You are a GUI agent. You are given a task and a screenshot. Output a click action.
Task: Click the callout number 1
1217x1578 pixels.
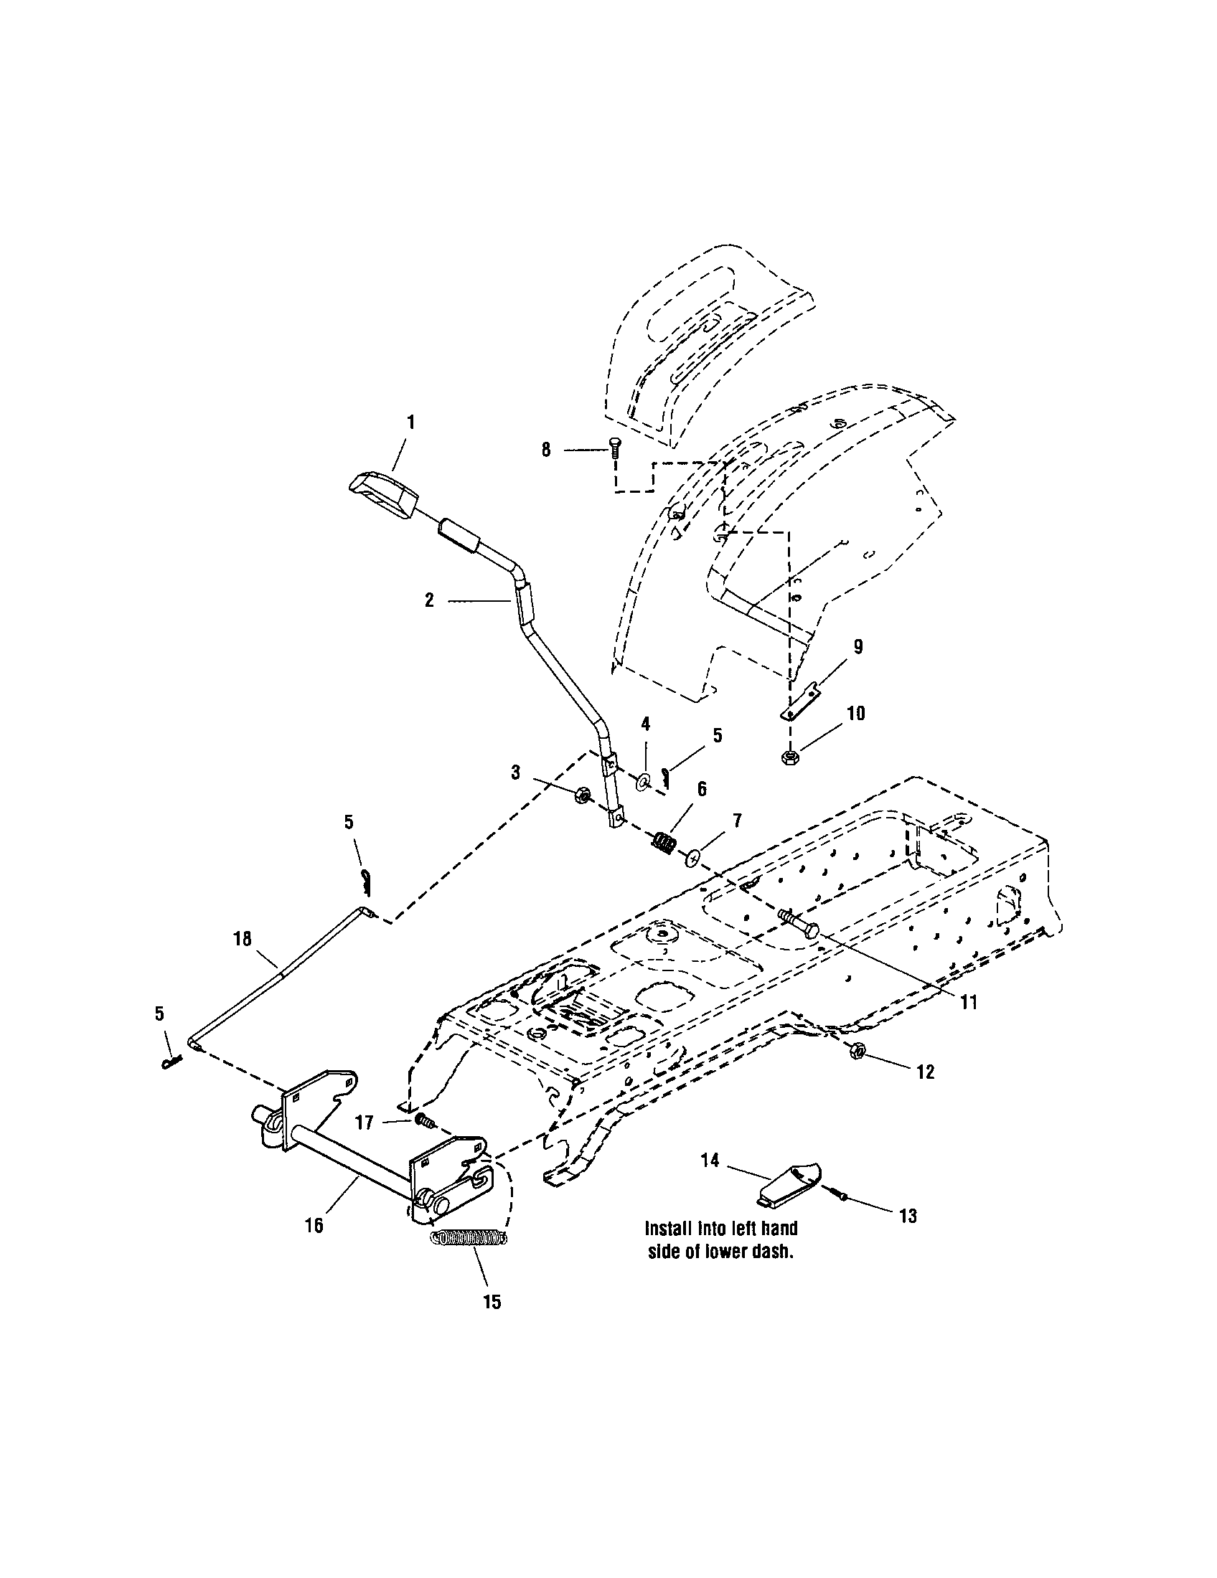tap(410, 422)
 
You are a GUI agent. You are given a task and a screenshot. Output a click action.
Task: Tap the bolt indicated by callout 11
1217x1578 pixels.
tap(797, 924)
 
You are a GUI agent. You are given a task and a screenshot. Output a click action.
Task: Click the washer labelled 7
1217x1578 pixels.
tap(692, 857)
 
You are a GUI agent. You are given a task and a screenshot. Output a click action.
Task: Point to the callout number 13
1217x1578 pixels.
tap(908, 1216)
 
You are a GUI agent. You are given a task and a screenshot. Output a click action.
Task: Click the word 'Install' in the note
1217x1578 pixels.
tap(669, 1228)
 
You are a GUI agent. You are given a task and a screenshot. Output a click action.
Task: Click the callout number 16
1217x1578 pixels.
tap(314, 1225)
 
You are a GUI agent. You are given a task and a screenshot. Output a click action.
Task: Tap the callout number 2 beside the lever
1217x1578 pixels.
tap(429, 600)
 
